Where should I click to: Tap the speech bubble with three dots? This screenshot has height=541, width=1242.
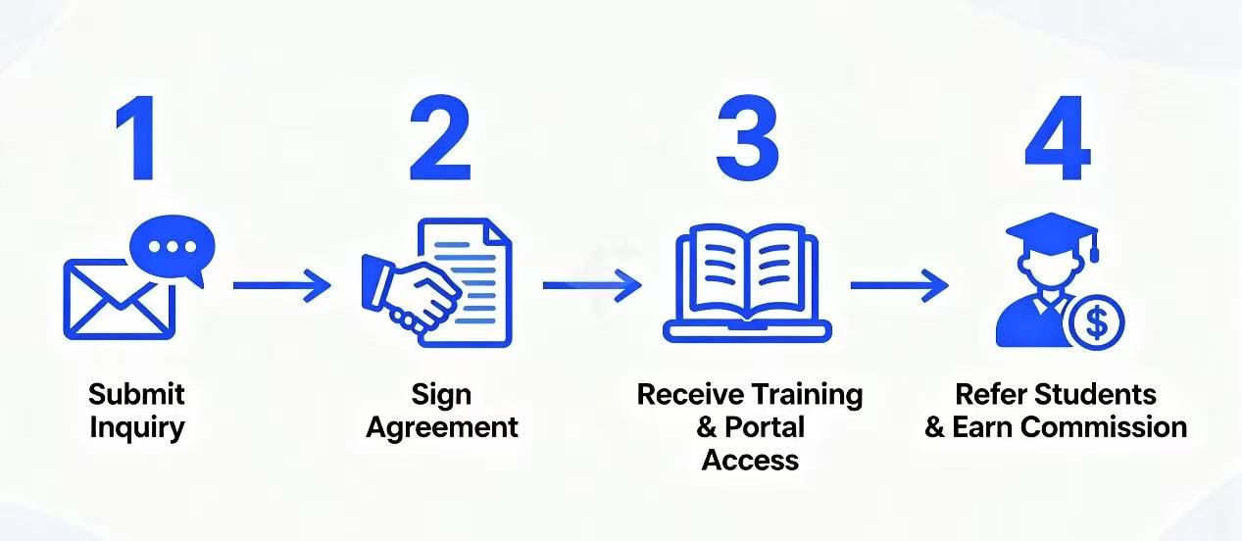point(174,247)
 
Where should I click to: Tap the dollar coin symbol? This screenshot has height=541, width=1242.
point(1096,321)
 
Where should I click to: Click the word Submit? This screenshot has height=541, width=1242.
point(136,395)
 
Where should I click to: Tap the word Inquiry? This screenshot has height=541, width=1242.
point(136,427)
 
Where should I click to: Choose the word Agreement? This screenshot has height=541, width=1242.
point(442,427)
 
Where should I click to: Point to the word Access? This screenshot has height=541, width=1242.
point(750,460)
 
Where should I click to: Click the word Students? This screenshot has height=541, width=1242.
point(1097,395)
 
